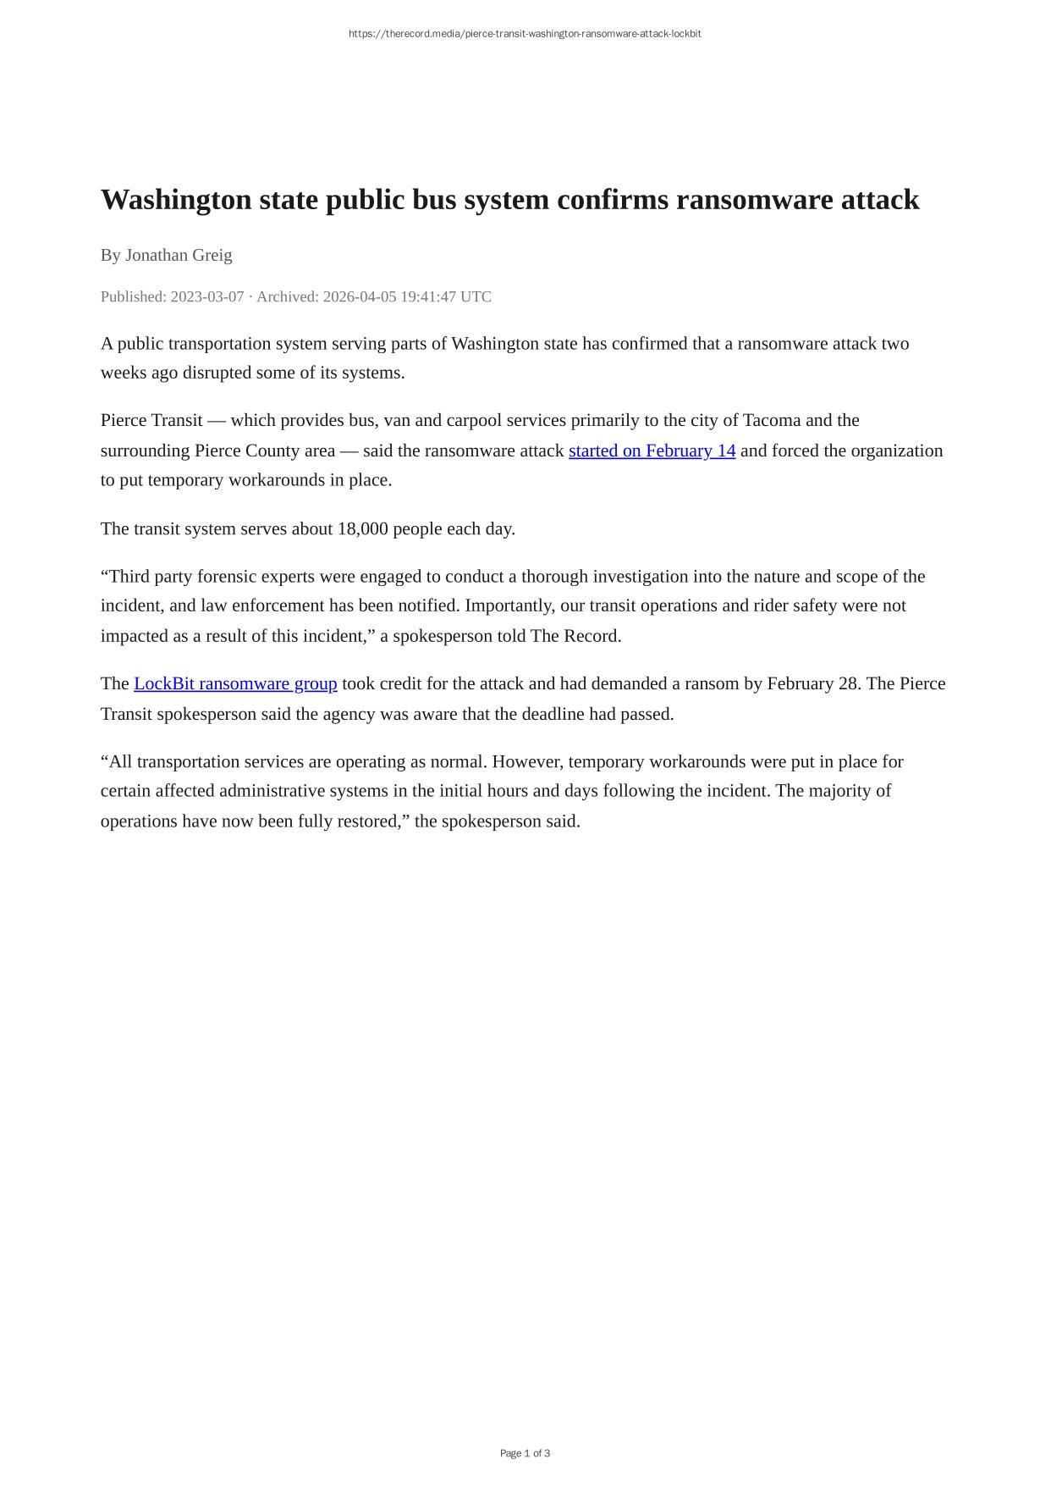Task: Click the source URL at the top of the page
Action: tap(525, 34)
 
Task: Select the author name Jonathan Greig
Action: tap(179, 255)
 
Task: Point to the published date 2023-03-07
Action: tap(207, 297)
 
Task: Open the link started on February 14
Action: tap(652, 451)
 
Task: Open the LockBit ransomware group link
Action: tap(235, 683)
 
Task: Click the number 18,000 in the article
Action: tap(362, 529)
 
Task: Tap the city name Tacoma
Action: tap(771, 421)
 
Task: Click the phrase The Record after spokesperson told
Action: tap(575, 636)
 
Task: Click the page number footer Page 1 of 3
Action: tap(525, 1453)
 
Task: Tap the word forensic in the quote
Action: tap(228, 577)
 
